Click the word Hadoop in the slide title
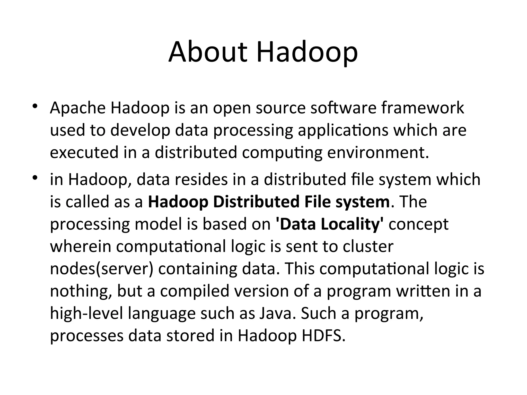[x=307, y=52]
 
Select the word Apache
[x=78, y=108]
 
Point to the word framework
[x=423, y=108]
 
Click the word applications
[x=343, y=130]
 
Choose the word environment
[x=378, y=152]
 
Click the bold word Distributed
[x=256, y=202]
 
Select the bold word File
[x=318, y=202]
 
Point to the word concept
[x=418, y=224]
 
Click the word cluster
[x=368, y=246]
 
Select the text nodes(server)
[x=102, y=269]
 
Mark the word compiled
[x=195, y=291]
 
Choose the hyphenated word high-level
[x=86, y=313]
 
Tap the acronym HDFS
[x=323, y=336]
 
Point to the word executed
[x=84, y=152]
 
